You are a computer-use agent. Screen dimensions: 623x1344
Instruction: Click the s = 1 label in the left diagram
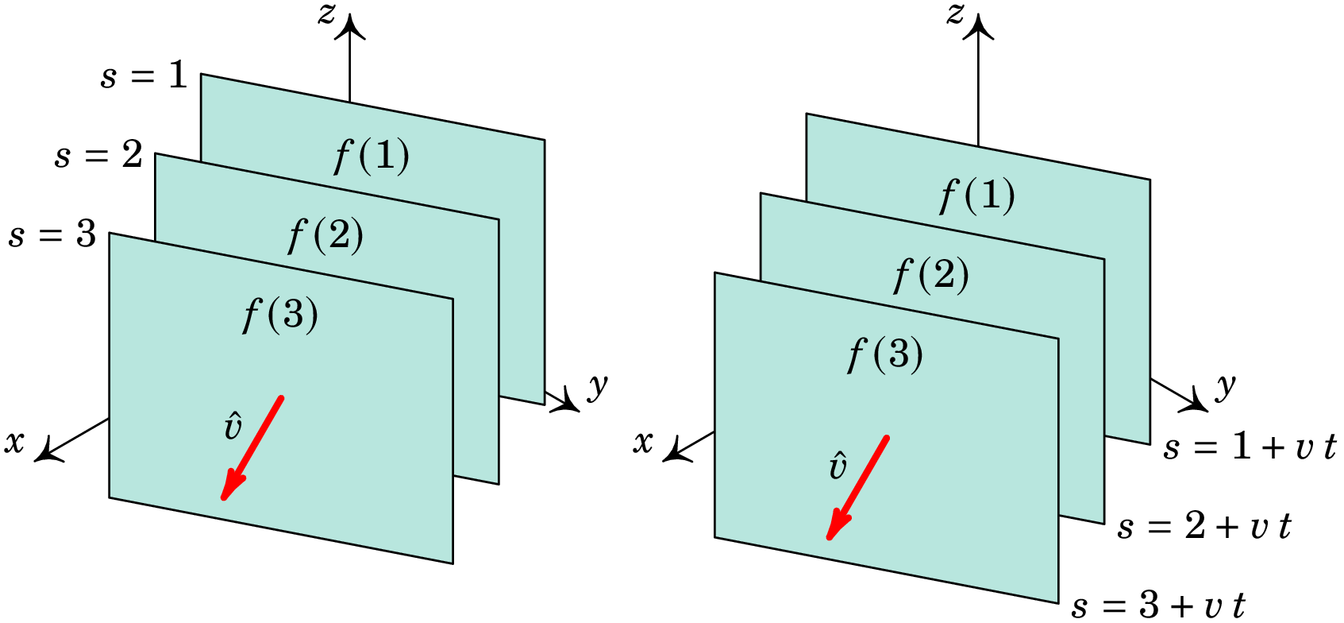pyautogui.click(x=144, y=76)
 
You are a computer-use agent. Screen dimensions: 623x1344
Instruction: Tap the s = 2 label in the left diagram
pyautogui.click(x=98, y=155)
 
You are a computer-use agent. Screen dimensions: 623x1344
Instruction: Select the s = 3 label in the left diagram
pyautogui.click(x=52, y=235)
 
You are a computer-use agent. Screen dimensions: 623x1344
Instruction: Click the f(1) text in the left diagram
pyautogui.click(x=372, y=156)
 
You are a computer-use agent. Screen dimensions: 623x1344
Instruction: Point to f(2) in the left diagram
pyautogui.click(x=325, y=235)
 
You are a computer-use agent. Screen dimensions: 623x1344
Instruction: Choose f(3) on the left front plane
pyautogui.click(x=280, y=315)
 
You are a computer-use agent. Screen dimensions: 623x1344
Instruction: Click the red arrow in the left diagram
pyautogui.click(x=252, y=448)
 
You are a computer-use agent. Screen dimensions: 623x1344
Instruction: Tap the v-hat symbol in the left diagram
pyautogui.click(x=233, y=427)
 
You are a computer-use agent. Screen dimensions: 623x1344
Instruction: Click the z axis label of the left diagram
pyautogui.click(x=326, y=14)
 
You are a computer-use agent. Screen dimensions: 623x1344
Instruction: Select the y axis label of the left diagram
pyautogui.click(x=598, y=386)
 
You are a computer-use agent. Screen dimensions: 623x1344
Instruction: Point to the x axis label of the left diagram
pyautogui.click(x=14, y=442)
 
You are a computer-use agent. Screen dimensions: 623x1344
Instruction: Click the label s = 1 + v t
pyautogui.click(x=1250, y=447)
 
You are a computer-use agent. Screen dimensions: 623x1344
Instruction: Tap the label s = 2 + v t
pyautogui.click(x=1204, y=527)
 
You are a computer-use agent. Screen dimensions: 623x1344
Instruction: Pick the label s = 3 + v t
pyautogui.click(x=1158, y=606)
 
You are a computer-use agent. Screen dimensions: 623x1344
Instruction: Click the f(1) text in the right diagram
pyautogui.click(x=977, y=195)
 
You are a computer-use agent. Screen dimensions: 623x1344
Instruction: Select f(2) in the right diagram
pyautogui.click(x=931, y=275)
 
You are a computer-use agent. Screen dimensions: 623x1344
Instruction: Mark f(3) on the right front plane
pyautogui.click(x=885, y=354)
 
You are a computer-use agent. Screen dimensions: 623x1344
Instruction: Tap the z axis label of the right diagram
pyautogui.click(x=955, y=14)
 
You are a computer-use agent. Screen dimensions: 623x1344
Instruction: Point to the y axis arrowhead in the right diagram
pyautogui.click(x=1197, y=404)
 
